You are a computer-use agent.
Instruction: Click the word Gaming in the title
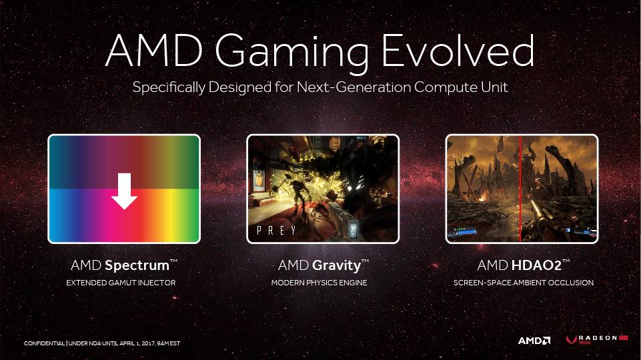click(292, 53)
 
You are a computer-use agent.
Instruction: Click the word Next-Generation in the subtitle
click(354, 87)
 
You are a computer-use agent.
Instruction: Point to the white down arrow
click(124, 191)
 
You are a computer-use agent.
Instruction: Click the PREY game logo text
click(277, 231)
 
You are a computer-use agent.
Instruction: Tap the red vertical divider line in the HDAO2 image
click(520, 189)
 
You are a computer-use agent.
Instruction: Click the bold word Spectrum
click(137, 265)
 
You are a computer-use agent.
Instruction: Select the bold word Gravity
click(336, 265)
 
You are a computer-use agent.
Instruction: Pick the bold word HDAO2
click(536, 265)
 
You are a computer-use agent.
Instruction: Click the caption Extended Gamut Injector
click(121, 283)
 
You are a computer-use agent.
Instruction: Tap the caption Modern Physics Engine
click(319, 283)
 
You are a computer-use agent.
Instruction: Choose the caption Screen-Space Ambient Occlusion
click(523, 283)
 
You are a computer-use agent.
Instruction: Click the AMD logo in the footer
click(534, 341)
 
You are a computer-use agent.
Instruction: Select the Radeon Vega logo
click(597, 339)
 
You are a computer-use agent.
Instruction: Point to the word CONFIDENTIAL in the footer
click(45, 343)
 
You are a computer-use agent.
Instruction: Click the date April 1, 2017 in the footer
click(137, 343)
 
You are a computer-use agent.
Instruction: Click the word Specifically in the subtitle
click(169, 87)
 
